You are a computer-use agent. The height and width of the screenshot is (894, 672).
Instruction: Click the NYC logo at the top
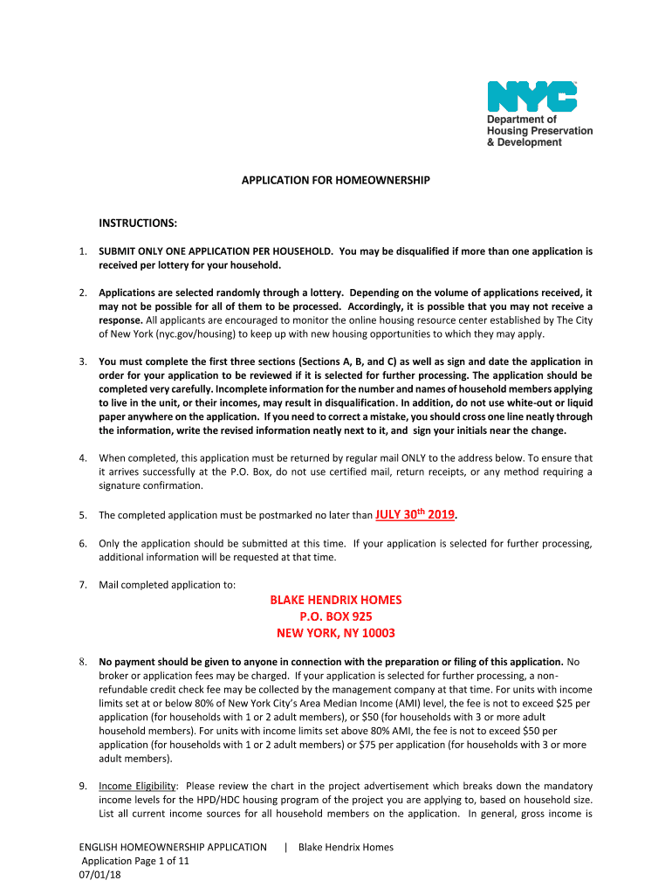pos(531,96)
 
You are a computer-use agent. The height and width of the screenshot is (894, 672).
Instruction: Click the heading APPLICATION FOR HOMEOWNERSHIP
pos(336,180)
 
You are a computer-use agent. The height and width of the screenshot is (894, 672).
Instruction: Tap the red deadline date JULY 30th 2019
pos(415,514)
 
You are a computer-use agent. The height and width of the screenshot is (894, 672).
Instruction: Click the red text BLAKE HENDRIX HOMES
pos(336,601)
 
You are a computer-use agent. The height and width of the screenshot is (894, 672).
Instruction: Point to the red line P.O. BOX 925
pos(336,616)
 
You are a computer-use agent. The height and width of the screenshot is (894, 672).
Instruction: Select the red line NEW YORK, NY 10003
pos(336,633)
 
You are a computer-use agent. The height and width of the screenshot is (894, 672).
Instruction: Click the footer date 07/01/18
pos(99,874)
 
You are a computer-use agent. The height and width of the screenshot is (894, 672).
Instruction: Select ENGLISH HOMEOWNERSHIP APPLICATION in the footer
pos(173,847)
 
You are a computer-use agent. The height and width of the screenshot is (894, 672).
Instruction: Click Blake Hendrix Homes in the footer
pos(346,847)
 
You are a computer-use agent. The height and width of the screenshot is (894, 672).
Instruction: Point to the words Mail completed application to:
pos(167,584)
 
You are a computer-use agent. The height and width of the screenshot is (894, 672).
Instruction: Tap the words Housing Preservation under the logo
pos(539,131)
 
